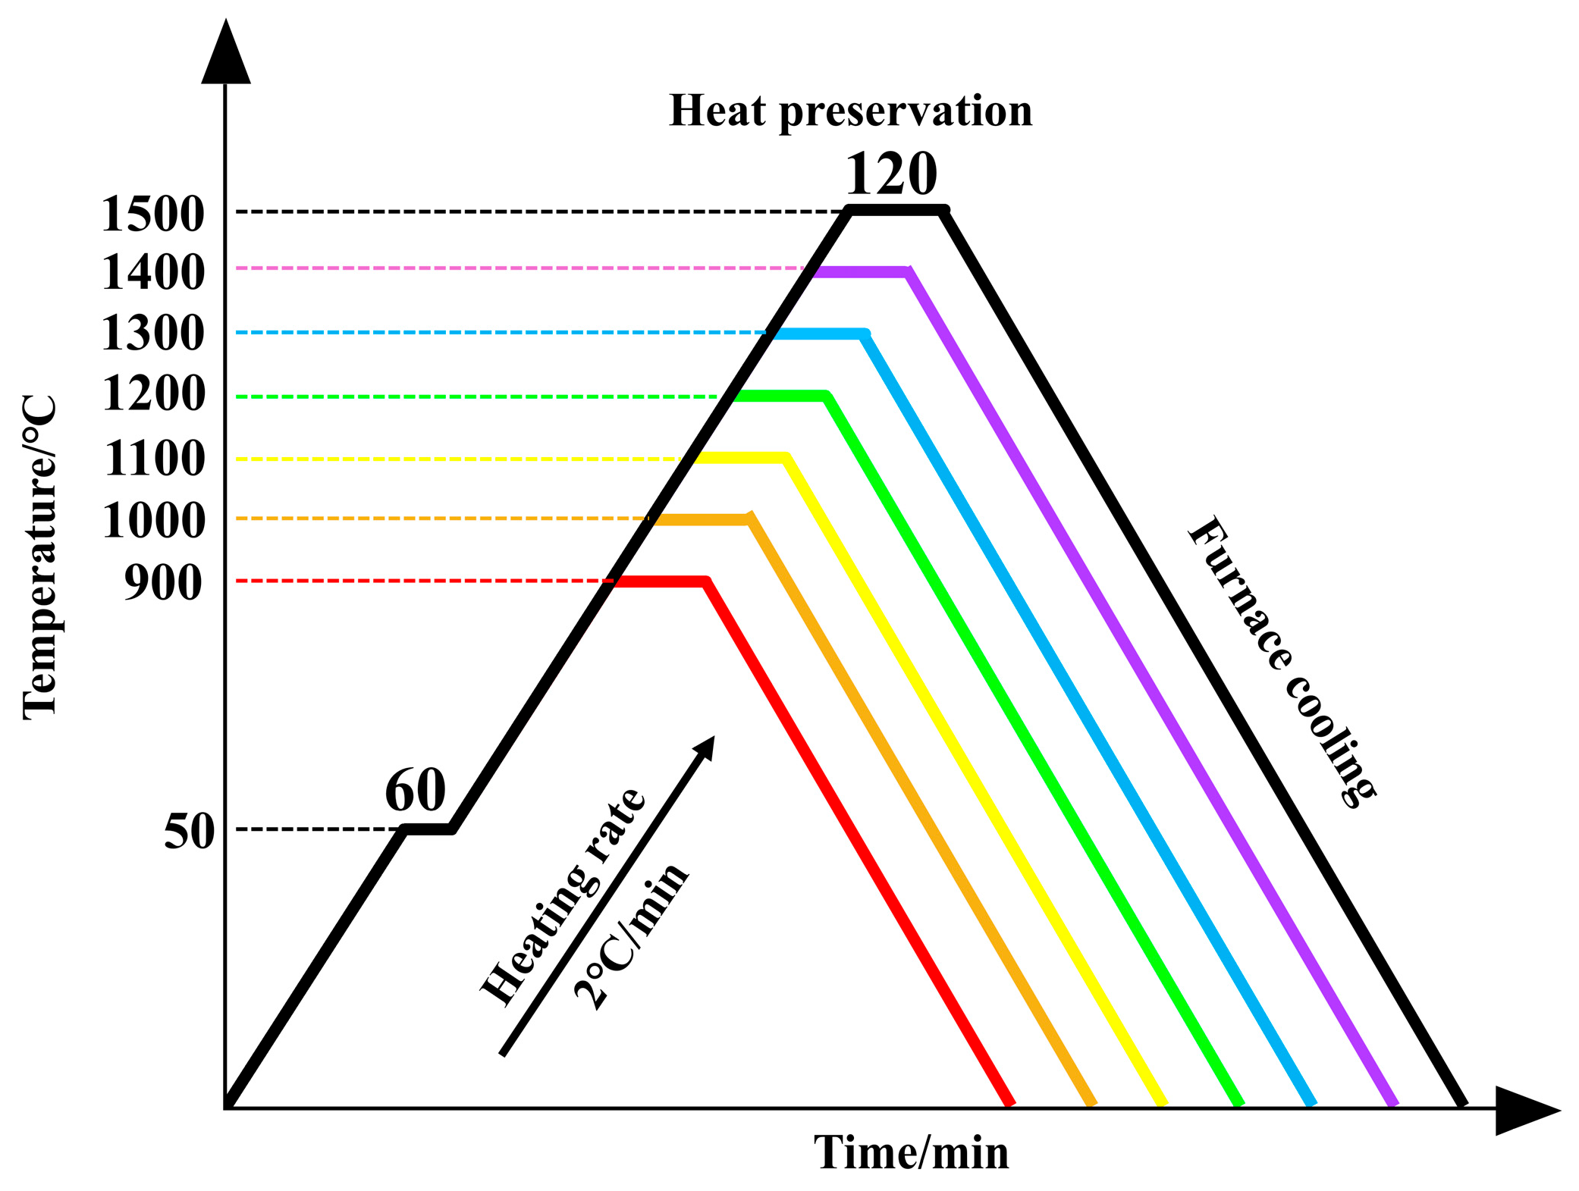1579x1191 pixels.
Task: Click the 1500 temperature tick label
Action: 152,214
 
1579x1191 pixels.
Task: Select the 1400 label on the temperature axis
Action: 152,273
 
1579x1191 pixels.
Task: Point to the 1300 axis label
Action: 152,334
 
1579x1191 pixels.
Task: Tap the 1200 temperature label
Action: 152,394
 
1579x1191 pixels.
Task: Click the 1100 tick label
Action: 154,459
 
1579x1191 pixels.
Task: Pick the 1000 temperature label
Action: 152,521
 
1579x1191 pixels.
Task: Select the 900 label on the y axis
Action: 163,583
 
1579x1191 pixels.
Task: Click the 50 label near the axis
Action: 189,832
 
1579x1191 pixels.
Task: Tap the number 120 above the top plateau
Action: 890,174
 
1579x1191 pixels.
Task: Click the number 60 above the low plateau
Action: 415,790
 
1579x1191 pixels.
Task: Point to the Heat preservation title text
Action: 850,111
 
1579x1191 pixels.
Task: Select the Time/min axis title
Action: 911,1153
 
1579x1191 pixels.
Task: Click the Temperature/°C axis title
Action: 39,557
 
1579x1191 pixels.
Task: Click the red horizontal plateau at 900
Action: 660,582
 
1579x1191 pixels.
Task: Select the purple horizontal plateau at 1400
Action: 861,272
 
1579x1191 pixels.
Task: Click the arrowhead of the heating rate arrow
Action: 705,746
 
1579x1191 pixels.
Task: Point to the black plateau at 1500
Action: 896,210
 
